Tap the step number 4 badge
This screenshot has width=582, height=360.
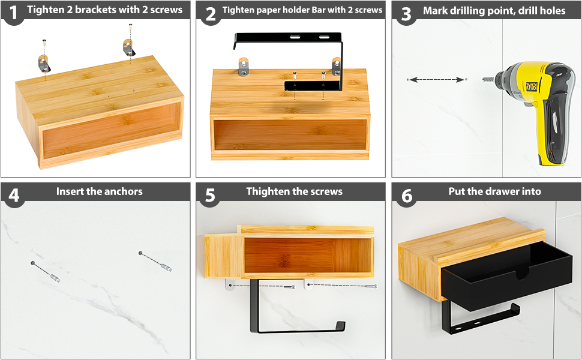(x=14, y=195)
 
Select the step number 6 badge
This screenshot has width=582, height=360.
(x=407, y=195)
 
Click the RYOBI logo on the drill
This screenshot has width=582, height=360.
(x=531, y=87)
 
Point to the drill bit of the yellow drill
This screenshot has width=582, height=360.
(x=488, y=79)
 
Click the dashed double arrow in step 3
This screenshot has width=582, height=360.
(x=437, y=79)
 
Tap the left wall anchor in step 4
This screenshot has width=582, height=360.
(x=55, y=277)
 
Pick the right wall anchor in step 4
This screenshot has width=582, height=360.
(x=166, y=267)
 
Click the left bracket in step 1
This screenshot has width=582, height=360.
(x=44, y=63)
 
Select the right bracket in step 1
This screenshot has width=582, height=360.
(x=129, y=47)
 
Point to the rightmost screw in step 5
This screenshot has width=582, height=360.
(x=371, y=286)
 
